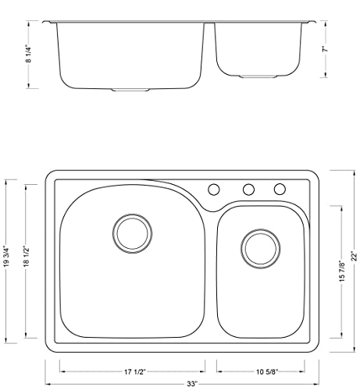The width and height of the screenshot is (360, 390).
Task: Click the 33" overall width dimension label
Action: pos(183,385)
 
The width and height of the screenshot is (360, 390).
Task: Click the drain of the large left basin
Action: pos(131,232)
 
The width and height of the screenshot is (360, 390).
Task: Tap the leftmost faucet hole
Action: pos(213,190)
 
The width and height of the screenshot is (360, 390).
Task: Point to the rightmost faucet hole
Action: pos(279,190)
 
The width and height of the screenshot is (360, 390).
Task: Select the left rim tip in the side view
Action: pos(45,21)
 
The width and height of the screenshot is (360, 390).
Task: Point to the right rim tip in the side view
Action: pos(314,21)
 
